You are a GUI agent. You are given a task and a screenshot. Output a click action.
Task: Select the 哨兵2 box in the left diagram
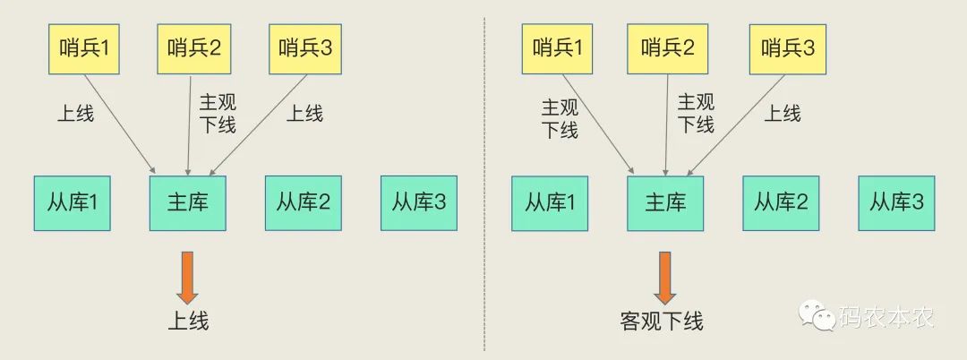194,48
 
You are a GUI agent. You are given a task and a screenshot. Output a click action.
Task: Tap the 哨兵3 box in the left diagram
306,48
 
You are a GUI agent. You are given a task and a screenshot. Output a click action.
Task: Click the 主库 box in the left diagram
187,202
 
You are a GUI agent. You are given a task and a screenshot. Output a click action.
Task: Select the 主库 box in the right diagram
665,202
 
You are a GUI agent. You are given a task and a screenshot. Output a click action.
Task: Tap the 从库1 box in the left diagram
72,202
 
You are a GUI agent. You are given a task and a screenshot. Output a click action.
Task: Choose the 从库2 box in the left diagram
304,202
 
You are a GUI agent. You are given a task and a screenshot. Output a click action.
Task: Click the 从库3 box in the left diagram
419,202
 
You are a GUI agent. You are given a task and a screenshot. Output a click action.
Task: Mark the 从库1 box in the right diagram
550,202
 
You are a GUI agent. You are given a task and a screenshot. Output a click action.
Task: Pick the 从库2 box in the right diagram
781,202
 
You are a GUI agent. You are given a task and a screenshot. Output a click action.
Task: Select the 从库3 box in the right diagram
896,202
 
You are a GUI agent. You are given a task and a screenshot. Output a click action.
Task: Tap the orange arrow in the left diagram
187,278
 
